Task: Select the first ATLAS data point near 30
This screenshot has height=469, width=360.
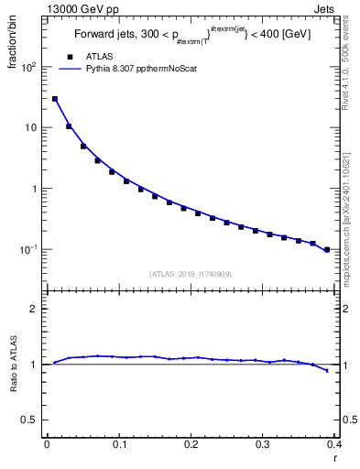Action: (55, 99)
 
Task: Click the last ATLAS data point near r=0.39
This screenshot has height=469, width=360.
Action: (327, 249)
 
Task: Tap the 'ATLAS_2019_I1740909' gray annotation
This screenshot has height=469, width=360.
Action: (190, 274)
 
